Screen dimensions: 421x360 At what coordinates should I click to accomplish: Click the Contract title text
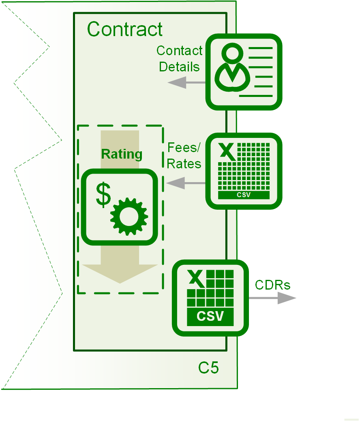125,30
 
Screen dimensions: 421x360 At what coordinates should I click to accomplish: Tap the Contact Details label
179,59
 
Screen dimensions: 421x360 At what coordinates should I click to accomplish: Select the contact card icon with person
244,72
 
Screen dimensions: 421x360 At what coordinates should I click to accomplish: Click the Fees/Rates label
184,156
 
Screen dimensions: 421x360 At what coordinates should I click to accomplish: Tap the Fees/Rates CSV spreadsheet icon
244,171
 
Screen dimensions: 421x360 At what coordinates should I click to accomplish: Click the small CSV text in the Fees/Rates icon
244,195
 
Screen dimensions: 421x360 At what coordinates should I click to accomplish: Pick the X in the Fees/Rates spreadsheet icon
227,151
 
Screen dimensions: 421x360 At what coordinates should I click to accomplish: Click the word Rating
122,155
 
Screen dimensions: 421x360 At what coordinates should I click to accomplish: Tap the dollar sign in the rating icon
104,195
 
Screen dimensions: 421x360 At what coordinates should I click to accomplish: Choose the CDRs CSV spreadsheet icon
210,298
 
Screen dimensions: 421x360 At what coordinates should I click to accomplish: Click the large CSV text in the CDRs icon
210,316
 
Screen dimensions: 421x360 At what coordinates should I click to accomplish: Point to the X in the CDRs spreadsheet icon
196,278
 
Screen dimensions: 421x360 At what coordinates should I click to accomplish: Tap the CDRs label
272,285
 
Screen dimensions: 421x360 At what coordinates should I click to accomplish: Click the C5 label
208,367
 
